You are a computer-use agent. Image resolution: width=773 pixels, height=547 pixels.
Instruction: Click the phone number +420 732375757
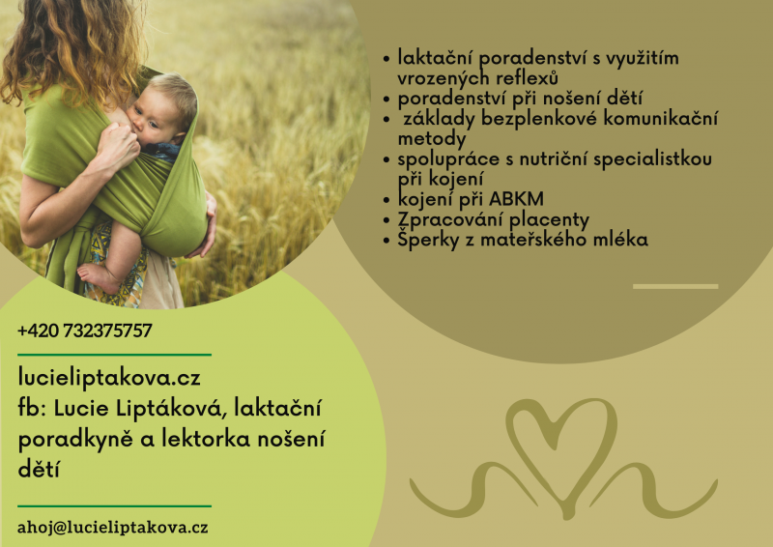click(85, 331)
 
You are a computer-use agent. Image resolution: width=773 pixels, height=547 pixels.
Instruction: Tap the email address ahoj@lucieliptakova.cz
click(113, 528)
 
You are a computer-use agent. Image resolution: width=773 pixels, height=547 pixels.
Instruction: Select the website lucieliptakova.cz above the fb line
click(109, 378)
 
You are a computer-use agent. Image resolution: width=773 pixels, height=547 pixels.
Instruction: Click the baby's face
click(152, 117)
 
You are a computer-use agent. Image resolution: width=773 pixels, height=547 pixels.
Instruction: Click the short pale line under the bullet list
click(675, 287)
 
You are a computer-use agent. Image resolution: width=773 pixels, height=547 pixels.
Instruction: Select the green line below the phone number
click(114, 355)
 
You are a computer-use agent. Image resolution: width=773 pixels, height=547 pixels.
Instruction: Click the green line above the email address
click(114, 506)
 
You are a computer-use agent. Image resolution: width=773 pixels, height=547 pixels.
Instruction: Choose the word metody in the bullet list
click(431, 139)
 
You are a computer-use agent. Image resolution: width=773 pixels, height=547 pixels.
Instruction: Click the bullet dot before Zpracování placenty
click(386, 220)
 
